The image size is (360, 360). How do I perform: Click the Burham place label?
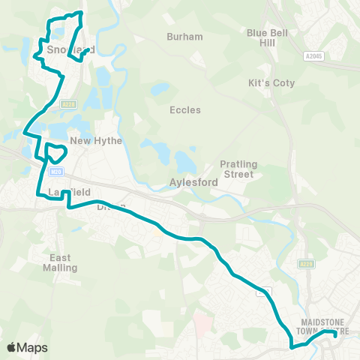[x=184, y=36]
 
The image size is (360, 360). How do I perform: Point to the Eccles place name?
[x=185, y=110]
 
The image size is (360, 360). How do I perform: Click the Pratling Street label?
[x=237, y=169]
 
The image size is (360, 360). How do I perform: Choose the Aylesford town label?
[x=193, y=183]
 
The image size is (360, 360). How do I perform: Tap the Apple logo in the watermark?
[x=12, y=347]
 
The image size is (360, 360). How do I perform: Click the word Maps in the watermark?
[x=33, y=347]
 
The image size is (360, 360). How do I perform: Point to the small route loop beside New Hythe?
[x=55, y=152]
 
